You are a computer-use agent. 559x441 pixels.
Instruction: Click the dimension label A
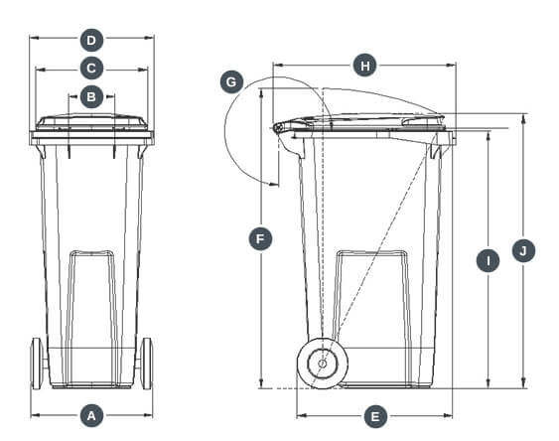tap(91, 414)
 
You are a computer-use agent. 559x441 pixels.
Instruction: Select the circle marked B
tap(91, 96)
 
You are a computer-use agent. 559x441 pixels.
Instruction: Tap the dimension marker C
tap(91, 69)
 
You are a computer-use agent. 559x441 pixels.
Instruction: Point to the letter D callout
tap(91, 41)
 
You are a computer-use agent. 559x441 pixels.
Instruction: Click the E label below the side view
tap(374, 416)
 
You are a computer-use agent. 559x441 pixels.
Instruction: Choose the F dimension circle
tap(260, 239)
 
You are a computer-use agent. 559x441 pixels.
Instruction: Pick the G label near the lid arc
tap(232, 82)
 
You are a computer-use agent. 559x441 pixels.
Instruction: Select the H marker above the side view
tap(364, 66)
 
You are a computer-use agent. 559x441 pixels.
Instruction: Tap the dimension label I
tap(488, 261)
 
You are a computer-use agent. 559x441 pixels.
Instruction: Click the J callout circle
tap(523, 250)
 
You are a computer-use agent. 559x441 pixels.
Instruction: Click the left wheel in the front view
tap(38, 363)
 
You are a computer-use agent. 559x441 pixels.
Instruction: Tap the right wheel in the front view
tap(147, 363)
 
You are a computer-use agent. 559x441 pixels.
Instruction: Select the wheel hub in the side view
tap(322, 364)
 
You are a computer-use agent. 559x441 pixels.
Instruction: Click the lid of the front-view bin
tap(91, 122)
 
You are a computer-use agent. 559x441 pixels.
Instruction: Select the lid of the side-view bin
tap(367, 120)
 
